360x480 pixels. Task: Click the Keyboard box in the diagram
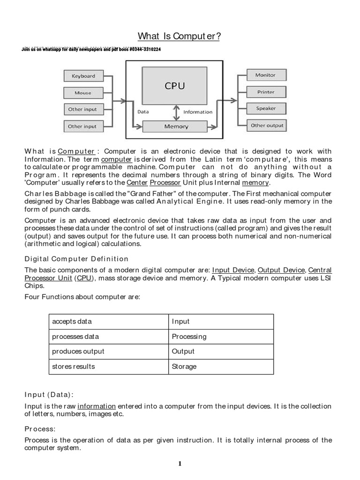[83, 76]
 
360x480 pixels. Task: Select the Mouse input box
[83, 93]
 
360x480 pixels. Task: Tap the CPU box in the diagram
[174, 86]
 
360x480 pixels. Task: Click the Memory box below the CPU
[176, 126]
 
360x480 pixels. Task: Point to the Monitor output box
[265, 75]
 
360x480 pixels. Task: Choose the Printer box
[265, 92]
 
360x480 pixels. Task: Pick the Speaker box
[265, 109]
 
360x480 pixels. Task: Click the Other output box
[267, 126]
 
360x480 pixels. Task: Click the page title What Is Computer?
[179, 36]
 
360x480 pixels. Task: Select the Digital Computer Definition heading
[76, 259]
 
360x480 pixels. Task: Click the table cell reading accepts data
[72, 322]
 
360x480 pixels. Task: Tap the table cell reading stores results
[74, 367]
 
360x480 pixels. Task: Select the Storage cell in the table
[184, 367]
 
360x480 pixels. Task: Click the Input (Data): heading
[49, 394]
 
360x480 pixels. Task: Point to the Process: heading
[40, 428]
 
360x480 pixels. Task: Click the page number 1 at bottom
[180, 464]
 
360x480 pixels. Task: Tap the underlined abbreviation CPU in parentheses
[84, 278]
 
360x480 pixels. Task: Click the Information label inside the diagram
[197, 112]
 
